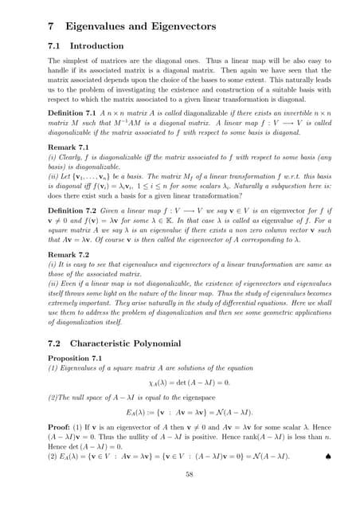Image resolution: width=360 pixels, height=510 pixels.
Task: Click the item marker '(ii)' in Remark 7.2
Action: click(x=53, y=282)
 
